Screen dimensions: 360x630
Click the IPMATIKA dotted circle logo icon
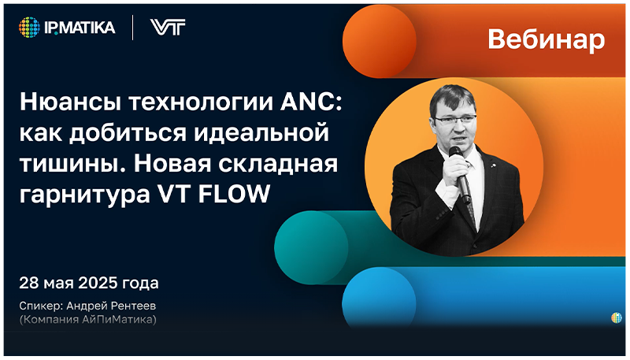point(29,28)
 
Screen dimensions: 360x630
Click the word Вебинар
point(546,39)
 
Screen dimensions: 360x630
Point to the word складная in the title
point(291,165)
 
